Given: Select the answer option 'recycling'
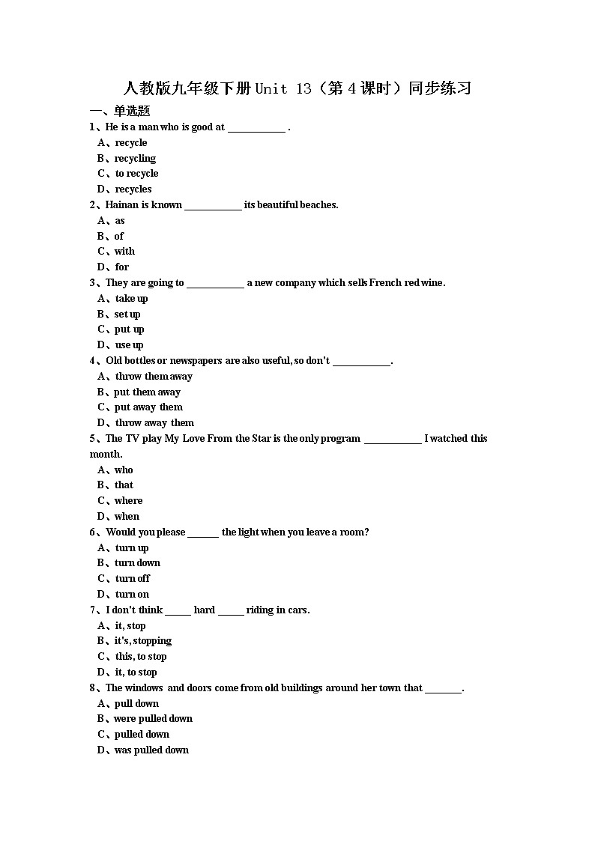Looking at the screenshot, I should pyautogui.click(x=135, y=158).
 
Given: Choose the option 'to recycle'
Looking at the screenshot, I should pyautogui.click(x=136, y=174).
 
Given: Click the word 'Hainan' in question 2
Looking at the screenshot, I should pyautogui.click(x=122, y=204).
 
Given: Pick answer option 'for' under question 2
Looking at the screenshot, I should pyautogui.click(x=121, y=267).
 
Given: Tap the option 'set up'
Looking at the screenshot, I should pyautogui.click(x=127, y=314).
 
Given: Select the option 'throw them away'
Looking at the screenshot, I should pyautogui.click(x=154, y=376).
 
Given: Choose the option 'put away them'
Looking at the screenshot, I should pyautogui.click(x=148, y=407).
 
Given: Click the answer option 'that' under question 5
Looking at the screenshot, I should pyautogui.click(x=124, y=485).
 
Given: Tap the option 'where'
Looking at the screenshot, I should pyautogui.click(x=128, y=501).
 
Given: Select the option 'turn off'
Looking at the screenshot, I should pyautogui.click(x=133, y=578).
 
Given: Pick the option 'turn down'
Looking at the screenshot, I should pyautogui.click(x=137, y=563).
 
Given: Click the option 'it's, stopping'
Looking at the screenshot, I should pyautogui.click(x=142, y=641).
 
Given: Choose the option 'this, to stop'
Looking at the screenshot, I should pyautogui.click(x=141, y=656).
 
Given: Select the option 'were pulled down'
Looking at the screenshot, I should pyautogui.click(x=153, y=719).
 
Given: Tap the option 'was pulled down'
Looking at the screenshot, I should pyautogui.click(x=151, y=750).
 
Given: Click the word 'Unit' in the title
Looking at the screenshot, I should pyautogui.click(x=271, y=88).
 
